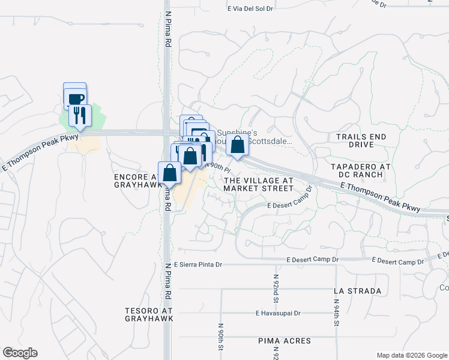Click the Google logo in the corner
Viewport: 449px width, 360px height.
coord(20,353)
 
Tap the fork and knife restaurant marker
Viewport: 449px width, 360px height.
coord(79,115)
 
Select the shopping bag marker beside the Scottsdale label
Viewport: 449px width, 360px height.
coord(238,145)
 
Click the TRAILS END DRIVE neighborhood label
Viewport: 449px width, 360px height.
coord(361,141)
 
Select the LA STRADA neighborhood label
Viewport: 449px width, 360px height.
coord(357,291)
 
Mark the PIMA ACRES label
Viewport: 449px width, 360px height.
coord(285,341)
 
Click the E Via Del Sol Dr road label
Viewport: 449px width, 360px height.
coord(251,9)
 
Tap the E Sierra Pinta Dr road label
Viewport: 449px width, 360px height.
coord(194,265)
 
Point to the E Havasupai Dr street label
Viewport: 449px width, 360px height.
coord(278,313)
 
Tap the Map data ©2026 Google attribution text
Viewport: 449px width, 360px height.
coord(412,355)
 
